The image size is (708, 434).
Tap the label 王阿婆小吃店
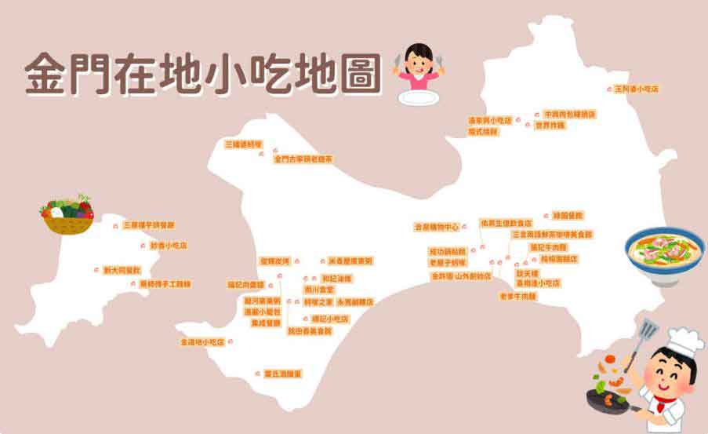point(637,89)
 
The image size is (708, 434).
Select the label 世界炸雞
point(549,126)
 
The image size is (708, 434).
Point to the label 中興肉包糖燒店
point(569,115)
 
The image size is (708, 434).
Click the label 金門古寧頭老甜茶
point(303,159)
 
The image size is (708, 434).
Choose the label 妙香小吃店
point(168,246)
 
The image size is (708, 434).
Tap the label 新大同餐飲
point(122,270)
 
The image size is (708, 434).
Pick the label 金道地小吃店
point(202,343)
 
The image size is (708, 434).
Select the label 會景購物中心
point(436,228)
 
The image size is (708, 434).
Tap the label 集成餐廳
point(265,323)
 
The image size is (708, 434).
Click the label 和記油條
point(338,279)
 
